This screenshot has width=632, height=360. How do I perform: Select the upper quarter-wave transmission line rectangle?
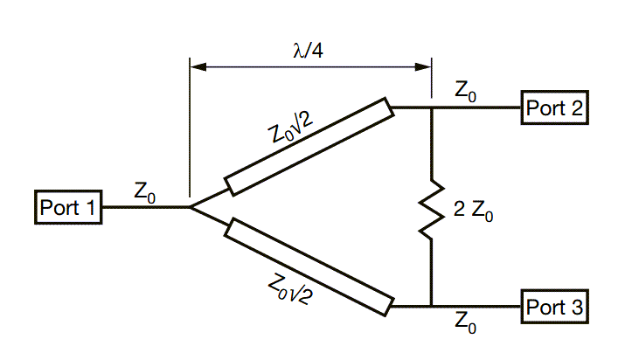pyautogui.click(x=308, y=147)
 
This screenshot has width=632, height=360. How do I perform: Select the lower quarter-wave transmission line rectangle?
pyautogui.click(x=308, y=268)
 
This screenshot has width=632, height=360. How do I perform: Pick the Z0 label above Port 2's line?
pyautogui.click(x=466, y=91)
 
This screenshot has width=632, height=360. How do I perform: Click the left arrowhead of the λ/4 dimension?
pyautogui.click(x=197, y=66)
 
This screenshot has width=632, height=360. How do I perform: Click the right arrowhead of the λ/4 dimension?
pyautogui.click(x=424, y=66)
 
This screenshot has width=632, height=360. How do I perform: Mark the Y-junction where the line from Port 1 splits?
pyautogui.click(x=191, y=208)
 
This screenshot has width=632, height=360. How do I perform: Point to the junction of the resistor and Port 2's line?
pyautogui.click(x=431, y=108)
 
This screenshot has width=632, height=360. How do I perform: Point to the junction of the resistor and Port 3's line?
pyautogui.click(x=431, y=307)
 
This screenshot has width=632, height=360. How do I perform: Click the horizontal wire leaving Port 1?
pyautogui.click(x=144, y=208)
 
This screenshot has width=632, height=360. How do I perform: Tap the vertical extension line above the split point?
pyautogui.click(x=190, y=131)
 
